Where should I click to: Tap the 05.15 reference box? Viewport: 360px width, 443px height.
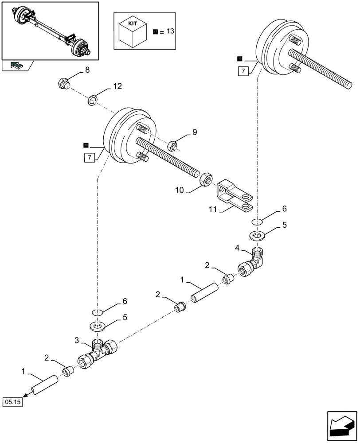click(x=15, y=402)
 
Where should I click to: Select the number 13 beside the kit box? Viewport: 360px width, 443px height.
click(x=171, y=31)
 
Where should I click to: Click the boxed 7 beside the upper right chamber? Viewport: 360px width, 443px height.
click(x=243, y=71)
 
